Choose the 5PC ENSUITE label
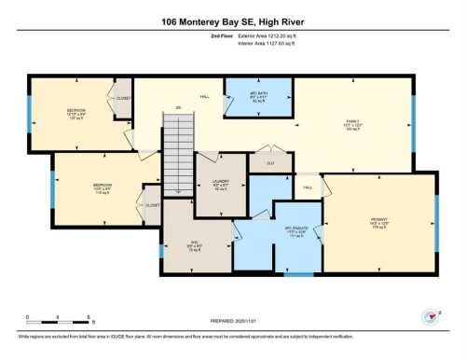coord(295,231)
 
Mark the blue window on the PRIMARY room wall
coord(436,224)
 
